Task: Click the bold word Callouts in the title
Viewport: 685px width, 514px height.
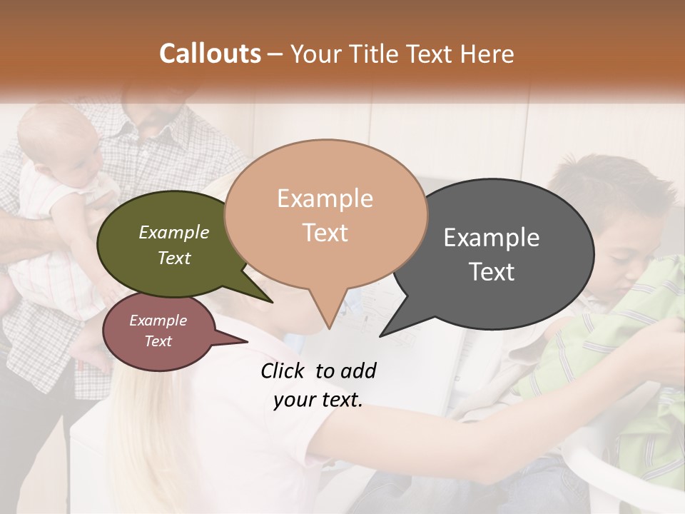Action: [x=210, y=54]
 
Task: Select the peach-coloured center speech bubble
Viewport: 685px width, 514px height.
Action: [x=325, y=214]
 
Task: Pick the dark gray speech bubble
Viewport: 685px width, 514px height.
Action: [x=499, y=253]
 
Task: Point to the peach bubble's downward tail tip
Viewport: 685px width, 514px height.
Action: [x=329, y=328]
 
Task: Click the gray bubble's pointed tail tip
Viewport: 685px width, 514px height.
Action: [x=380, y=336]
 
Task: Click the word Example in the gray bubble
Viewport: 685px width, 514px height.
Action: [x=492, y=238]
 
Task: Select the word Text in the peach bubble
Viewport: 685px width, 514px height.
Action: [x=325, y=233]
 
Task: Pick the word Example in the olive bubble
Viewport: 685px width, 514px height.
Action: [x=174, y=232]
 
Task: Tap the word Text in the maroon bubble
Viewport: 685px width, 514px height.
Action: [x=158, y=341]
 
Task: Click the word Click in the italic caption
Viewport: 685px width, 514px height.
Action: [x=283, y=371]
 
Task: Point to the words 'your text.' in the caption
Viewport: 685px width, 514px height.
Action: [x=318, y=400]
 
